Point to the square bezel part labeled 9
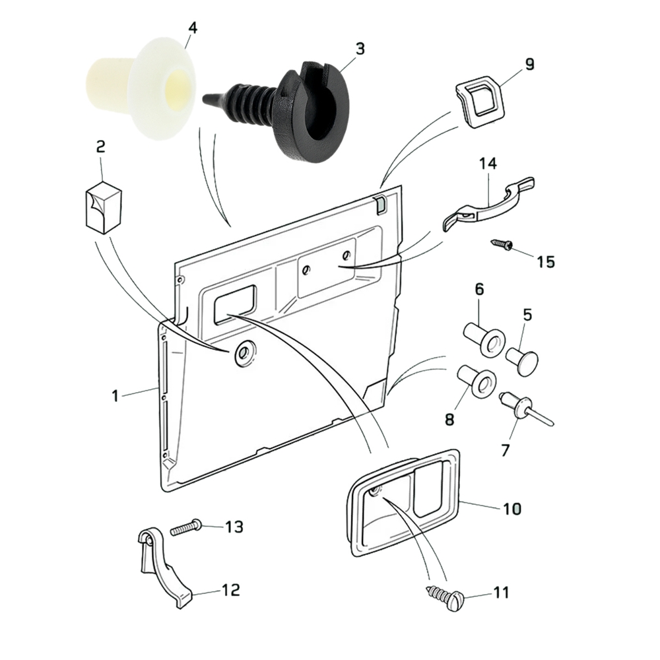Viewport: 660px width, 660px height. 478,102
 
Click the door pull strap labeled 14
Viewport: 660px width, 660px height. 488,205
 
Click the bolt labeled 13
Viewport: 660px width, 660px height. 187,529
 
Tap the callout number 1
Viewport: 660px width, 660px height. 115,395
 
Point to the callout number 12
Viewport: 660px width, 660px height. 231,589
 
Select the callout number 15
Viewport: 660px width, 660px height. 545,261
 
